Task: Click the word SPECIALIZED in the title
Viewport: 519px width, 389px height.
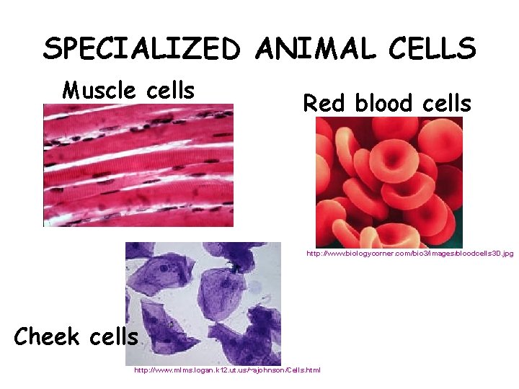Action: click(141, 49)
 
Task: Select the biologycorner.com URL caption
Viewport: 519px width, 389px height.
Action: click(409, 254)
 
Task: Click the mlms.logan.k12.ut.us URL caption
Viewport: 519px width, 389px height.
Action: click(227, 370)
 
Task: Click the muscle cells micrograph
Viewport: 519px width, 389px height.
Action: click(138, 165)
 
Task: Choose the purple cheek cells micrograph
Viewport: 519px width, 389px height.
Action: click(203, 303)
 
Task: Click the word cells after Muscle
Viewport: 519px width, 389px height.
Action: click(170, 91)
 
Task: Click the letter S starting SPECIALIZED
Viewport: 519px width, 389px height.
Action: click(52, 49)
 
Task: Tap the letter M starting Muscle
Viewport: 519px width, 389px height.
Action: click(71, 91)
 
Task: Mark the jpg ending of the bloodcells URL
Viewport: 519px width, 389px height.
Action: click(507, 254)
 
